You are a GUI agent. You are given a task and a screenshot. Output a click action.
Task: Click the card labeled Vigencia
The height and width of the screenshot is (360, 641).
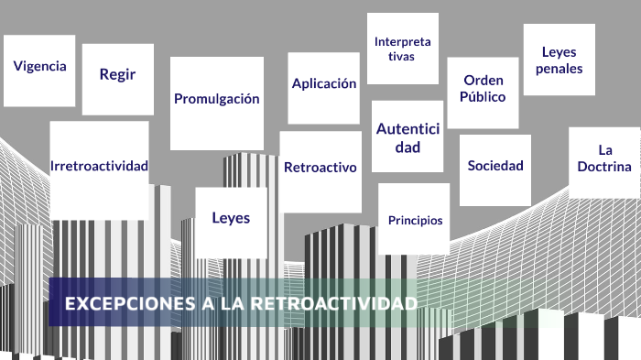tap(39, 67)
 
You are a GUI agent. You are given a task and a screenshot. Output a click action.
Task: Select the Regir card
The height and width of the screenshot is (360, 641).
tap(117, 75)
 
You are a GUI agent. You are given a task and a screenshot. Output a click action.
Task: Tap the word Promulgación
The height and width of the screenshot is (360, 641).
tap(217, 99)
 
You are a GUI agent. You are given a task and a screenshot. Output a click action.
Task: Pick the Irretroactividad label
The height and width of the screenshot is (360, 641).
tap(99, 166)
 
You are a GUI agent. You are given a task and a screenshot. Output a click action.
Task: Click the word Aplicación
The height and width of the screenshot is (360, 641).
tap(323, 83)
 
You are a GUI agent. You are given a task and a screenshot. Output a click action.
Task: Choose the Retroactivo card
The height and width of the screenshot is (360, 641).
tap(320, 168)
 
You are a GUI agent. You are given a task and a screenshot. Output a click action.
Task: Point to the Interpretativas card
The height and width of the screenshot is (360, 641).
tap(402, 49)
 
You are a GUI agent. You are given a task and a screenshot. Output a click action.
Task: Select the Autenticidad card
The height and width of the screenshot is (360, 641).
tap(407, 136)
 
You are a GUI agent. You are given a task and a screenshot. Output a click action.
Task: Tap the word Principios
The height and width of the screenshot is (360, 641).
tap(415, 221)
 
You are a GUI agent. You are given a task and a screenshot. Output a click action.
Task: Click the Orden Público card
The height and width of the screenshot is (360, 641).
tap(483, 88)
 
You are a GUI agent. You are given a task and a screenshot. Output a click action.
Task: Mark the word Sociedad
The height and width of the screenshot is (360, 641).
tap(495, 166)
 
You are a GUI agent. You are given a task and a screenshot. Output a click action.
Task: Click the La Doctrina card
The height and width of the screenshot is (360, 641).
tap(604, 158)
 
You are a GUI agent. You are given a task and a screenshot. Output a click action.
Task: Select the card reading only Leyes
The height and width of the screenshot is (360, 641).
tap(230, 218)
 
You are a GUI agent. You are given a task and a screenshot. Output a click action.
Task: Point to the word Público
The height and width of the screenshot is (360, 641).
tap(483, 96)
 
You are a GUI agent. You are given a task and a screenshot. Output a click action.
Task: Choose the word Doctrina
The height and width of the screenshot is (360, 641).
tap(604, 167)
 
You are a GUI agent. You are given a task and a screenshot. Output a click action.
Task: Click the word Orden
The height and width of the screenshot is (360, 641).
tap(483, 80)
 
